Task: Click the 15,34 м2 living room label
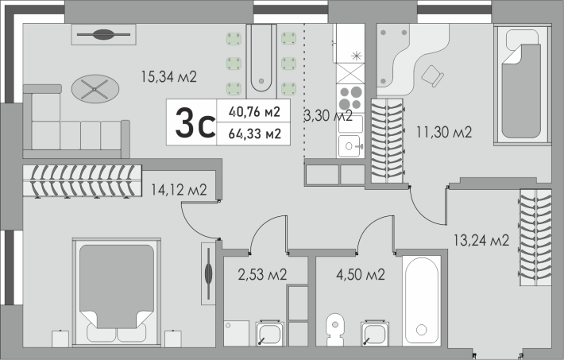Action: (x=168, y=76)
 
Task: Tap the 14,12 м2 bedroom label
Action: (x=179, y=190)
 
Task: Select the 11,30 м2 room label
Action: (x=444, y=132)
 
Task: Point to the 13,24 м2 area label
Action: (x=481, y=240)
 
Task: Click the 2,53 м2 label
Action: (x=262, y=275)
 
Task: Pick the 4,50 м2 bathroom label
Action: (x=361, y=275)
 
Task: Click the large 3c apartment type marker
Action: (x=195, y=122)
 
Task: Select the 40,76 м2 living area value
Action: (x=254, y=112)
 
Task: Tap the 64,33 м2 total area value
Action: (x=255, y=134)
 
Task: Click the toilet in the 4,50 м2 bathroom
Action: (x=335, y=329)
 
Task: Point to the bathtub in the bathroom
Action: (x=422, y=300)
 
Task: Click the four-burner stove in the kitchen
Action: (x=350, y=99)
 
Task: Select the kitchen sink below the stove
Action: (x=350, y=145)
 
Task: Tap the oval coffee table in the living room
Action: (x=95, y=89)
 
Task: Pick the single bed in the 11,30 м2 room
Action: (x=522, y=84)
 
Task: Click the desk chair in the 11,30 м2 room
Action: (x=432, y=76)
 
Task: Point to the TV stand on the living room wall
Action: (x=103, y=34)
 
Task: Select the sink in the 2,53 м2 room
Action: (x=270, y=334)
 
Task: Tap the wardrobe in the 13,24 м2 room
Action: (x=535, y=238)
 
